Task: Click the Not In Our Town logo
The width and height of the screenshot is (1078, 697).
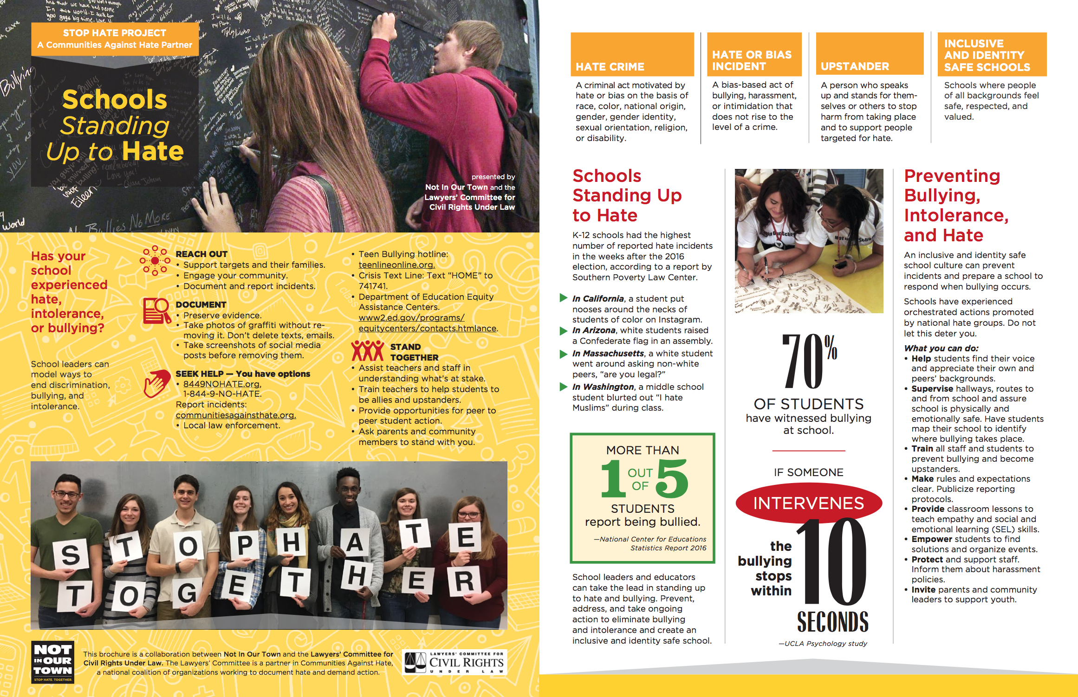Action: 52,662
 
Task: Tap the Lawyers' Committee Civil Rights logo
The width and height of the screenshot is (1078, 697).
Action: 454,662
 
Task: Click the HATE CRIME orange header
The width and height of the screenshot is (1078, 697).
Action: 632,55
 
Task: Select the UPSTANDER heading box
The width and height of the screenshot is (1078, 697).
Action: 869,55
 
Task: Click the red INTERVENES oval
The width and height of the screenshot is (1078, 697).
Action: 808,503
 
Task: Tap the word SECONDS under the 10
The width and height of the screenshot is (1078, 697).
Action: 832,622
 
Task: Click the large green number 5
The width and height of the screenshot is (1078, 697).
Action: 672,478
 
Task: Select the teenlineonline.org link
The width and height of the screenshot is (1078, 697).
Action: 396,265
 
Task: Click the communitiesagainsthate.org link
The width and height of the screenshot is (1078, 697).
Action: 235,415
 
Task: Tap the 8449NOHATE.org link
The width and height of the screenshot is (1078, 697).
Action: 222,384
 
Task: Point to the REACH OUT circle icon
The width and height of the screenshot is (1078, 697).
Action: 155,260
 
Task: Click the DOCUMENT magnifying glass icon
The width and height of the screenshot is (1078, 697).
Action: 157,310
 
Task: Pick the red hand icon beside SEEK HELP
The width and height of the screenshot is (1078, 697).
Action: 156,383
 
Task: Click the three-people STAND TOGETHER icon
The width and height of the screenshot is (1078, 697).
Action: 367,351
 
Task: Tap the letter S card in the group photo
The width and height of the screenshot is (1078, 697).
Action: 71,554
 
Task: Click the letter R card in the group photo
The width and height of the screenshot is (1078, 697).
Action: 464,581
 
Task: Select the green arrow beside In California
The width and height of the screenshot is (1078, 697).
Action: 564,298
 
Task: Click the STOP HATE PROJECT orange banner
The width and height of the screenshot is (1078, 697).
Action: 115,39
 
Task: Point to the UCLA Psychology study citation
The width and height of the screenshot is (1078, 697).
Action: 823,644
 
